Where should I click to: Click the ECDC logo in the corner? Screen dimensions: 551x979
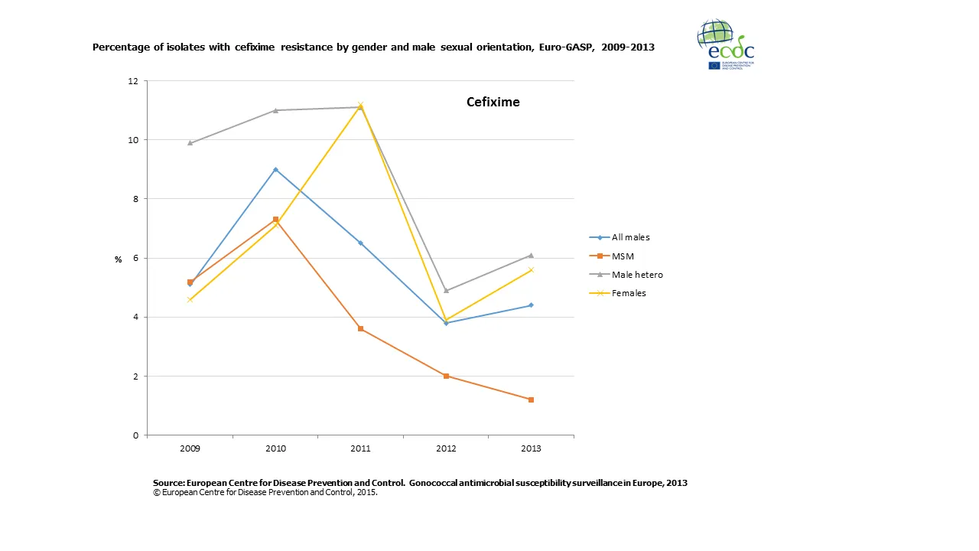(x=725, y=44)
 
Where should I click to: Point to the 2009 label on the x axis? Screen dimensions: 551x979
(x=190, y=448)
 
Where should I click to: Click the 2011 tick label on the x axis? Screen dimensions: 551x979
(x=360, y=448)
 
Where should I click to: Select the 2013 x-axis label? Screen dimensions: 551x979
(x=531, y=448)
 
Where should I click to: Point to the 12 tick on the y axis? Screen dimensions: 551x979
(x=134, y=81)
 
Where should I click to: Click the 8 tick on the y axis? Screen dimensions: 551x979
(x=136, y=199)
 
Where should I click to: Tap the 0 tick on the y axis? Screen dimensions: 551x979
(x=136, y=435)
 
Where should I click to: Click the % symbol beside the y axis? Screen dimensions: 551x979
(x=119, y=260)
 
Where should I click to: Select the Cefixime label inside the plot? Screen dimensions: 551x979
(x=493, y=102)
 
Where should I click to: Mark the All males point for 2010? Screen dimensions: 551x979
(x=275, y=169)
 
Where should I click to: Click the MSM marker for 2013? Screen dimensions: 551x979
(x=531, y=399)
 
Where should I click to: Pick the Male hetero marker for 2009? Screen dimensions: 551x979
(x=190, y=143)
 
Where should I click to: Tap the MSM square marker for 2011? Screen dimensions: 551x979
(x=360, y=329)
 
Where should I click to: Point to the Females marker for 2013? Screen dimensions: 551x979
(x=531, y=270)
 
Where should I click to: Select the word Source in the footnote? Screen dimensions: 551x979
(x=170, y=483)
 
